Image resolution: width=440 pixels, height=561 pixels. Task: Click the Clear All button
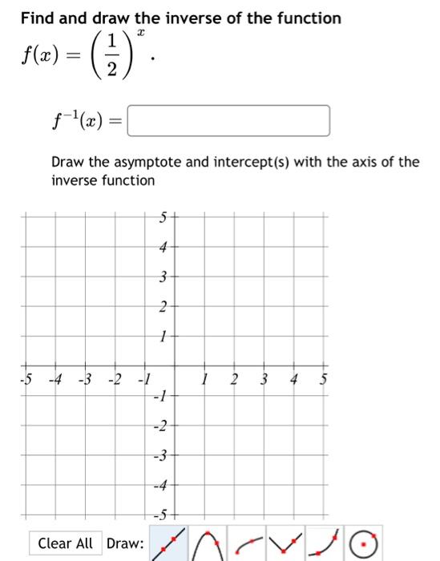click(x=66, y=543)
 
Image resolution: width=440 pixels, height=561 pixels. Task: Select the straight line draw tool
click(x=168, y=543)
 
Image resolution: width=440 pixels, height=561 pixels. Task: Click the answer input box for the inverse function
click(x=228, y=121)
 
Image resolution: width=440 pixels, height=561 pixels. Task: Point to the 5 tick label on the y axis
click(x=162, y=216)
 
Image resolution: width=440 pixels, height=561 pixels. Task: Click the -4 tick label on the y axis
click(x=160, y=486)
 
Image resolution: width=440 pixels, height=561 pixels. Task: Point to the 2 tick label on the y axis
click(x=162, y=307)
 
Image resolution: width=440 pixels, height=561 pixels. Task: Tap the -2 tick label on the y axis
click(x=160, y=426)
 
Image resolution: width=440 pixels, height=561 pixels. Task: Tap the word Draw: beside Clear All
click(x=125, y=543)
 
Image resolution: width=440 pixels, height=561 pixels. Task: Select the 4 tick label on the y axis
click(x=162, y=247)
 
